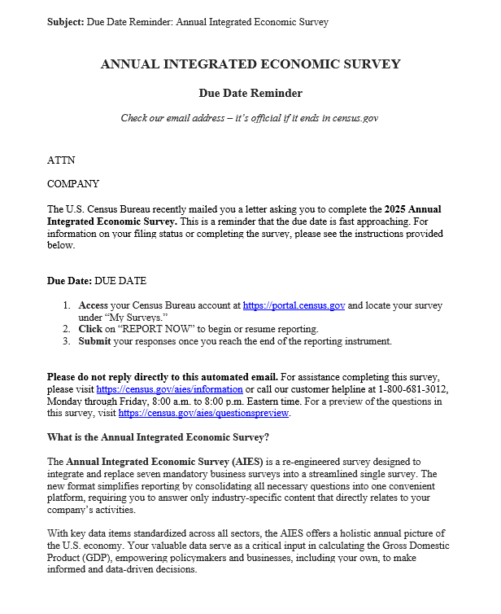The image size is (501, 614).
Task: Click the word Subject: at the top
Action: point(65,22)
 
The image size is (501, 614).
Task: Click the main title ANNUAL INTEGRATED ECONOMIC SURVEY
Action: point(250,64)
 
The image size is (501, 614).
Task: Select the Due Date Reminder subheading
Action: point(250,93)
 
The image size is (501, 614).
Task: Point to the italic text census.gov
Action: point(355,118)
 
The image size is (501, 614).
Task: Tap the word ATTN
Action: point(61,160)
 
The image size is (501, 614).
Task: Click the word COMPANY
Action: point(73,184)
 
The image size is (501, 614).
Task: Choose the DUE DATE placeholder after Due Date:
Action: point(120,281)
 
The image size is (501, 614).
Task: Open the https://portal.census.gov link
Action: point(294,305)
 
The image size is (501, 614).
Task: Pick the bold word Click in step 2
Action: point(90,329)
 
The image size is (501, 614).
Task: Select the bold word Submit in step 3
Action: point(94,341)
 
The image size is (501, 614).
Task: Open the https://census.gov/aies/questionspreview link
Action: point(203,413)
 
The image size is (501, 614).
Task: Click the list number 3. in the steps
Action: point(68,341)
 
